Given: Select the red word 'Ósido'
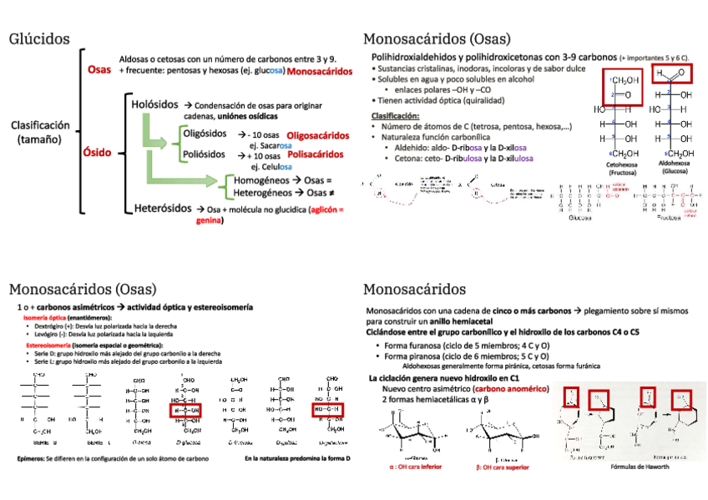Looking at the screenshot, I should [97, 154].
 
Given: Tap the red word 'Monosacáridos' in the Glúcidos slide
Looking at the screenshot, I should [318, 72].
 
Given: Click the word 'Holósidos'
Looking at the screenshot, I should [154, 104].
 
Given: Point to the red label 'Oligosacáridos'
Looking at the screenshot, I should [318, 134].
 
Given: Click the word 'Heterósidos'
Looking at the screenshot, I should [164, 208].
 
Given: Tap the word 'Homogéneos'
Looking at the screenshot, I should [263, 180].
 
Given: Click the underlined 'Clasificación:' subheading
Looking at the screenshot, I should [396, 115].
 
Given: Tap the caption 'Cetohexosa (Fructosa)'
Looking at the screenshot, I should [622, 169].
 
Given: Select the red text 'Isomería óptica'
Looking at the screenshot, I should [45, 318].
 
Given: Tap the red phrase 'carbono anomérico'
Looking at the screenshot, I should [509, 389].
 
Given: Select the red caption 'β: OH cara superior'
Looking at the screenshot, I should [508, 467].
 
